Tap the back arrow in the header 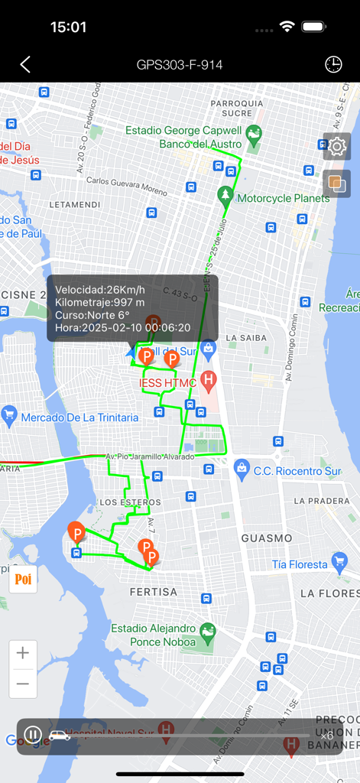pyautogui.click(x=25, y=65)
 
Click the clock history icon pyautogui.click(x=333, y=65)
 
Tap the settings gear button pyautogui.click(x=337, y=145)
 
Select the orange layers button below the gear pyautogui.click(x=337, y=184)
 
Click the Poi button pyautogui.click(x=23, y=580)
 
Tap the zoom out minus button pyautogui.click(x=23, y=683)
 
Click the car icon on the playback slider pyautogui.click(x=60, y=736)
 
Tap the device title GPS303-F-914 pyautogui.click(x=180, y=65)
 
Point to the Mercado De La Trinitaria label pyautogui.click(x=80, y=417)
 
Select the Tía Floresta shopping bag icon pyautogui.click(x=340, y=564)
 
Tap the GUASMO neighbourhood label pyautogui.click(x=267, y=538)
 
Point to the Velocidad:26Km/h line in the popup pyautogui.click(x=100, y=289)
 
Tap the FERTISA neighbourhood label pyautogui.click(x=153, y=592)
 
